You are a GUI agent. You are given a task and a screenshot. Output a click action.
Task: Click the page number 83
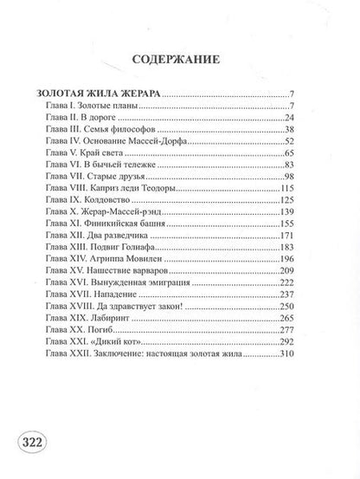pyautogui.click(x=315, y=164)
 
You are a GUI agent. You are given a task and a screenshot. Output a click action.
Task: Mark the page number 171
pyautogui.click(x=312, y=236)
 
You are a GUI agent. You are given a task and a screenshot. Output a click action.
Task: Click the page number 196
pyautogui.click(x=312, y=260)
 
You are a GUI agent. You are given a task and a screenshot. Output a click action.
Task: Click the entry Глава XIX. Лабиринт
pyautogui.click(x=94, y=320)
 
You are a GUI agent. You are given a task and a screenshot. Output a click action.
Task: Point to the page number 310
pyautogui.click(x=312, y=355)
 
